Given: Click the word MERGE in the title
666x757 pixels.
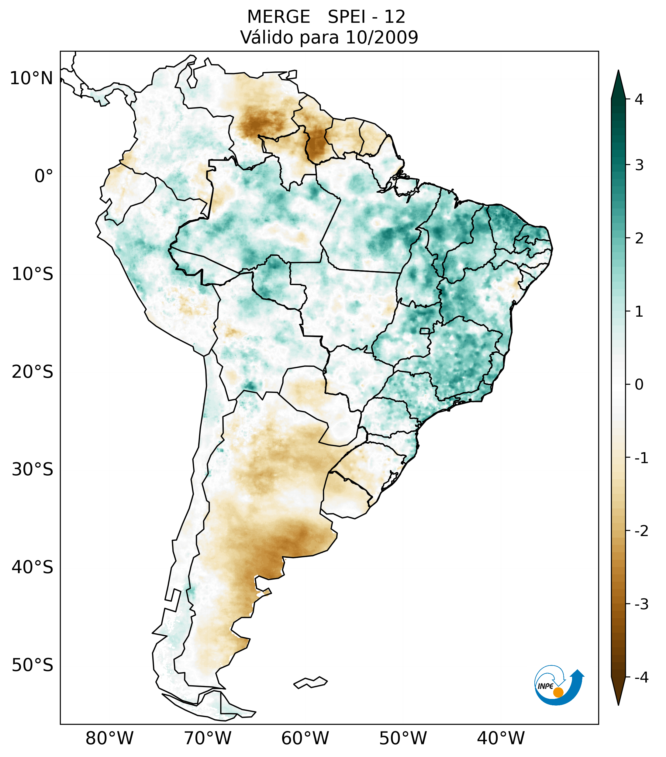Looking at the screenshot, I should click(x=278, y=17).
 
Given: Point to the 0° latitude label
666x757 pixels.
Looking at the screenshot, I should click(x=44, y=176).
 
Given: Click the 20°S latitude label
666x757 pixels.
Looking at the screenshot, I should click(x=33, y=372).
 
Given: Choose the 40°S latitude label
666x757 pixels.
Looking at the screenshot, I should click(x=33, y=567).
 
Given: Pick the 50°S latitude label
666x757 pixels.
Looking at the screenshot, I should click(x=33, y=665).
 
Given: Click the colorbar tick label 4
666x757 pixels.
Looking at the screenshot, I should click(x=639, y=99).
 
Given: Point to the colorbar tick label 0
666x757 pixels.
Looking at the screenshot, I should click(x=639, y=385).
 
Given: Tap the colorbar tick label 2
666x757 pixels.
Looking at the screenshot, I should click(x=639, y=239).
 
